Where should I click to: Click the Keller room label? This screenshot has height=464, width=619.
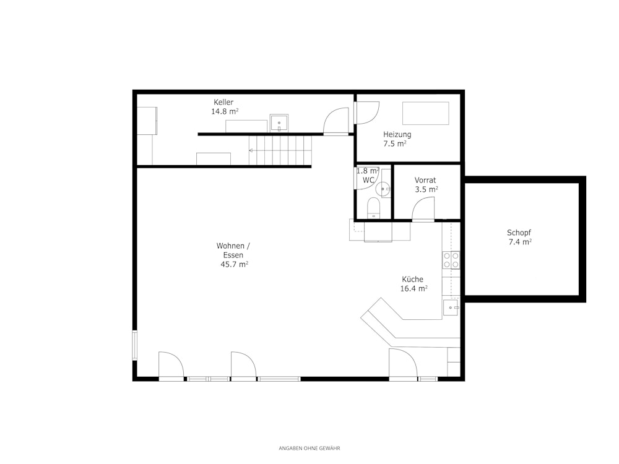coord(223,102)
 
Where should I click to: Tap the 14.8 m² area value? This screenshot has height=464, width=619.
coord(225,111)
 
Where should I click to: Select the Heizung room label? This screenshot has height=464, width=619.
coord(397,134)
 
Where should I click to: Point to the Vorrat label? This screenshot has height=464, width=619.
coord(425,180)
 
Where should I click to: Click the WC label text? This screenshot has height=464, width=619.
coord(368,180)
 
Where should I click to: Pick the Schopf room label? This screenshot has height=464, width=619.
coord(519,233)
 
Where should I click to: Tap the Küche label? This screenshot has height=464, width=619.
coord(412,280)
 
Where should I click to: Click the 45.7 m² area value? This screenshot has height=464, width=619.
coord(234,264)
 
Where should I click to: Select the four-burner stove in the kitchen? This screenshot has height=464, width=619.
coord(451,260)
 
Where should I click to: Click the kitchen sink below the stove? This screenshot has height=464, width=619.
coord(451,307)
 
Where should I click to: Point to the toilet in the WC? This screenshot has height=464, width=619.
coord(373,208)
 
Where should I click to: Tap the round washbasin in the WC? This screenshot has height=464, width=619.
coord(383,189)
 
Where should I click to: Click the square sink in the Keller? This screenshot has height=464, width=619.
coord(279,123)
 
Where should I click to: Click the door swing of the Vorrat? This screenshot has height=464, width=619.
coord(423,208)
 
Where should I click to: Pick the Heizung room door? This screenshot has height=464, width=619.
coord(367,113)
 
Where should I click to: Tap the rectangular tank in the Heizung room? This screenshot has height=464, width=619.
coord(426,113)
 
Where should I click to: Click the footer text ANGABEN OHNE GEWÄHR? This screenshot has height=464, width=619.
coord(309,448)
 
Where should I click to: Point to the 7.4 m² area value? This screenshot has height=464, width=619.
coord(520,243)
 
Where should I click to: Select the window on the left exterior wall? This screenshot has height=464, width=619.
coord(134,345)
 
